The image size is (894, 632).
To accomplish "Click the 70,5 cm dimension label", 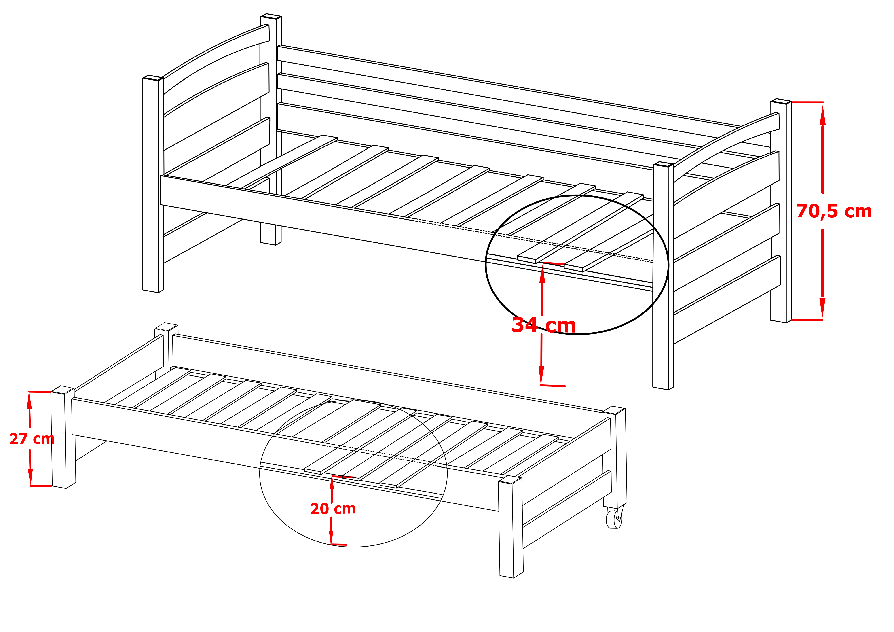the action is pyautogui.click(x=834, y=211).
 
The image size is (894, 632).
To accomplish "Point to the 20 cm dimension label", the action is pyautogui.click(x=333, y=509).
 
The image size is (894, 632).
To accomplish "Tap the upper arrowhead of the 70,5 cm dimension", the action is pyautogui.click(x=822, y=115).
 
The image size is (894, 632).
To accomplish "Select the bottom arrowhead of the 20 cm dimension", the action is pyautogui.click(x=331, y=537).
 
